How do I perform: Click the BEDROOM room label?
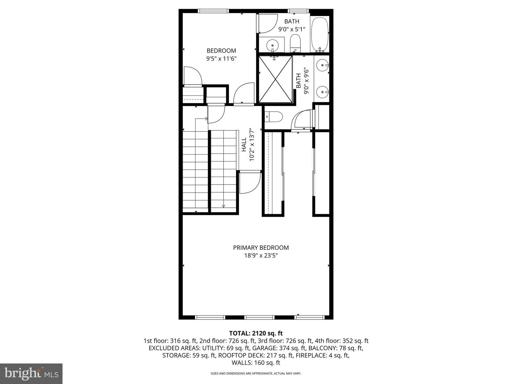pyautogui.click(x=221, y=50)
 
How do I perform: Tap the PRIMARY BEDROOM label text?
pyautogui.click(x=261, y=247)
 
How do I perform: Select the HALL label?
pyautogui.click(x=244, y=145)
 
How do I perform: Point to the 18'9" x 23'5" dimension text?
pyautogui.click(x=261, y=256)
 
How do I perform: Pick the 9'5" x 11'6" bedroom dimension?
pyautogui.click(x=221, y=59)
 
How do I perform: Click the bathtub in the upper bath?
pyautogui.click(x=320, y=34)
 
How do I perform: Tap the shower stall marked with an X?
pyautogui.click(x=276, y=79)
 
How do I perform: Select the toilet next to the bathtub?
pyautogui.click(x=295, y=44)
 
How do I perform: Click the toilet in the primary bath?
pyautogui.click(x=274, y=116)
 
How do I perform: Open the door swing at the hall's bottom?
pyautogui.click(x=249, y=183)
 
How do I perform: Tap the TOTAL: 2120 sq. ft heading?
pyautogui.click(x=256, y=333)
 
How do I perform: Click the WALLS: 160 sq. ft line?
pyautogui.click(x=256, y=363)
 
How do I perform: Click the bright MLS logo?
pyautogui.click(x=31, y=373)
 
